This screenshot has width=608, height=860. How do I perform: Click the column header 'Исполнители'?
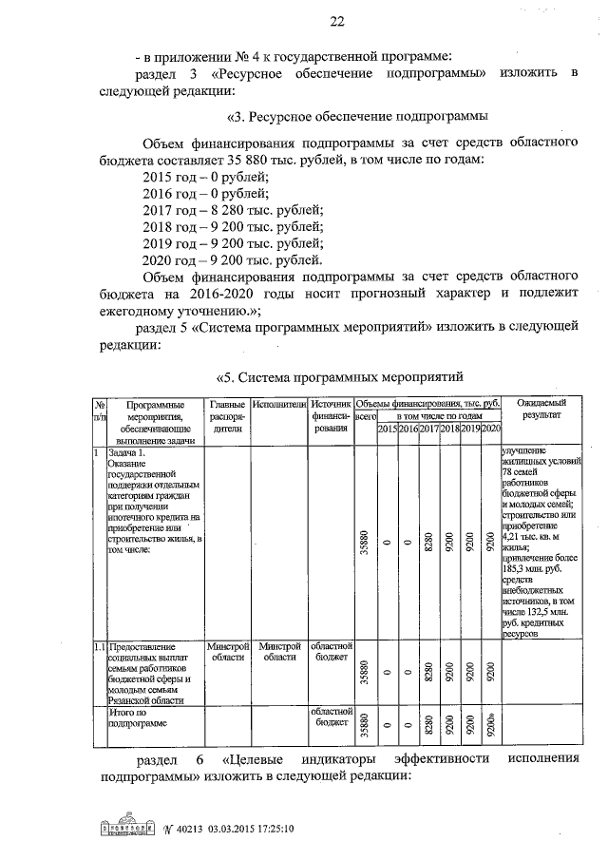point(278,405)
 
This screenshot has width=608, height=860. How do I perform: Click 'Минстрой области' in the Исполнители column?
point(278,651)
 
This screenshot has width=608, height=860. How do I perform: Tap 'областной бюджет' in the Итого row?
point(331,717)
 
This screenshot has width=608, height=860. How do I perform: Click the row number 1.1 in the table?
point(99,646)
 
